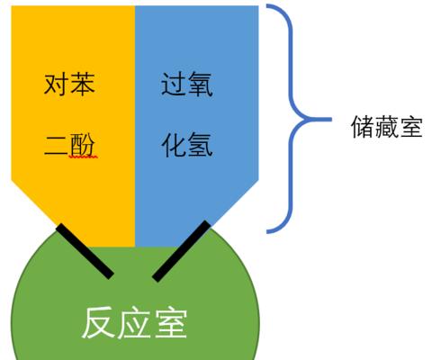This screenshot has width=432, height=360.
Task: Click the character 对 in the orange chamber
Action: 56,84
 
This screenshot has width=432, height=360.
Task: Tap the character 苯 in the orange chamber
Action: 82,84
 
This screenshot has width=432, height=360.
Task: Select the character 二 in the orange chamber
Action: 56,145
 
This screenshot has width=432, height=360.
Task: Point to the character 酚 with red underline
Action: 82,144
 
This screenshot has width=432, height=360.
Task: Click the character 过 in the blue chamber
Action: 174,84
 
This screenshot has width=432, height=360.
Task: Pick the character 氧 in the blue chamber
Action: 200,84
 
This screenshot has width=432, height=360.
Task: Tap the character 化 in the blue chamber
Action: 174,145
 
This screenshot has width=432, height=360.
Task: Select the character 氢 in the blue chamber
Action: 200,145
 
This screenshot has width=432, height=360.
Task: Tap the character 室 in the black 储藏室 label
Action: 411,126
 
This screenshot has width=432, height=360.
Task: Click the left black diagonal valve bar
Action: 85,251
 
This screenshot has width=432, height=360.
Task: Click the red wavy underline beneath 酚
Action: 83,157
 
